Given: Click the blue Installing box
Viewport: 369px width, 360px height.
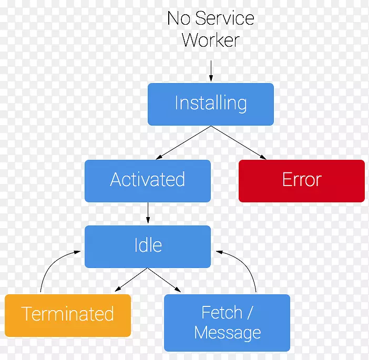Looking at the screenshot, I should pyautogui.click(x=210, y=104).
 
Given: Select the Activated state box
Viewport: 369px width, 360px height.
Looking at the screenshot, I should pyautogui.click(x=147, y=180).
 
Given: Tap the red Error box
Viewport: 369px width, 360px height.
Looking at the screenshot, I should pyautogui.click(x=301, y=180).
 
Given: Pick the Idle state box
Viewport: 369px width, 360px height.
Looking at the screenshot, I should pyautogui.click(x=147, y=245).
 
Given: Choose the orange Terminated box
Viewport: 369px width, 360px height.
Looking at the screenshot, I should pyautogui.click(x=67, y=315).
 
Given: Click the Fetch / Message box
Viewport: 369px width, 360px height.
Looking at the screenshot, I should pyautogui.click(x=227, y=322).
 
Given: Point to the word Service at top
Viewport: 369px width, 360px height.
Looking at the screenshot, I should pyautogui.click(x=225, y=19).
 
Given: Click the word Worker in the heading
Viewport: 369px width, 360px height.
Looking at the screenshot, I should pyautogui.click(x=210, y=40).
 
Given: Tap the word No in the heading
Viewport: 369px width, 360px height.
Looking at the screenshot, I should pyautogui.click(x=179, y=19).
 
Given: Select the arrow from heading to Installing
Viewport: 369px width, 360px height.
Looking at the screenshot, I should pyautogui.click(x=210, y=70).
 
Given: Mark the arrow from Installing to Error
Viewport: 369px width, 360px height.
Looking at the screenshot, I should pyautogui.click(x=238, y=142).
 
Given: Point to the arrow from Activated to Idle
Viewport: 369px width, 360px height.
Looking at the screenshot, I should pyautogui.click(x=148, y=213).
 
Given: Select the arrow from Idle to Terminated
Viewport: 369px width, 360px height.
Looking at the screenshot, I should pyautogui.click(x=131, y=280).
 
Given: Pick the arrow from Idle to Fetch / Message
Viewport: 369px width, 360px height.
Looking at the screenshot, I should pyautogui.click(x=164, y=280).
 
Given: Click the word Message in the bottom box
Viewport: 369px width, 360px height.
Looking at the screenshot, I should pyautogui.click(x=227, y=333).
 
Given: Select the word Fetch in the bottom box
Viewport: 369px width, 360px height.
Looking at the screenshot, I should pyautogui.click(x=221, y=313).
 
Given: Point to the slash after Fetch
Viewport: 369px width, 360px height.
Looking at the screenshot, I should pyautogui.click(x=249, y=313).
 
